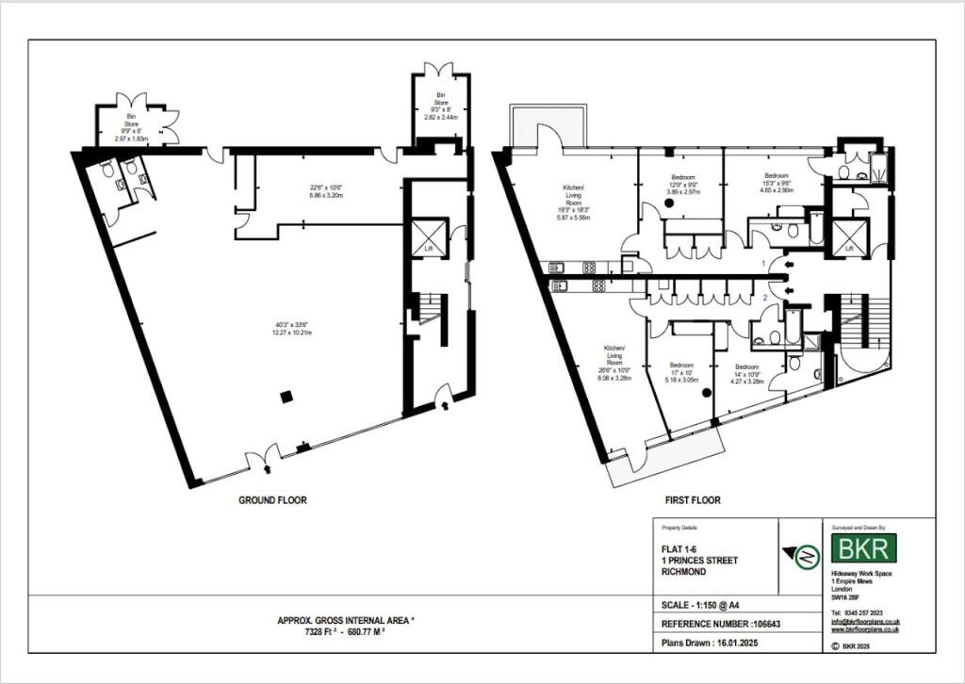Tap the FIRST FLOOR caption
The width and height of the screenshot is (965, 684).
(693, 500)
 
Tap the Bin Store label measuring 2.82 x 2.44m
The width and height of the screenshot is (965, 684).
(440, 106)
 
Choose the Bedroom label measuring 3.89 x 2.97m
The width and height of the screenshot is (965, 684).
(682, 183)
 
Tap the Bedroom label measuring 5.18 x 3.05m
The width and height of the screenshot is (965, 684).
(681, 372)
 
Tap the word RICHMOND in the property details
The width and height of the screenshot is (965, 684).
(685, 571)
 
